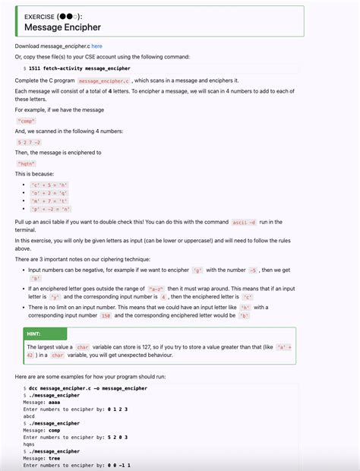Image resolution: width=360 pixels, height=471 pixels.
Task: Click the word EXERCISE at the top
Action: click(39, 16)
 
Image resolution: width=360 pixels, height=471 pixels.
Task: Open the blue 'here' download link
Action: click(97, 46)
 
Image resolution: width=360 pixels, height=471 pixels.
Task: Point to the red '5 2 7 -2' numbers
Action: click(29, 141)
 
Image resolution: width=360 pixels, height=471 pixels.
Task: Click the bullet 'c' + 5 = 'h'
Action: click(49, 185)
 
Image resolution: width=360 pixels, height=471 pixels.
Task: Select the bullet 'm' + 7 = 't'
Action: click(50, 200)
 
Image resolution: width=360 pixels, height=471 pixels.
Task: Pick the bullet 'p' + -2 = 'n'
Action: click(51, 208)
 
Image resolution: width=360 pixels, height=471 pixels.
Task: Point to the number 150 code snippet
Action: click(106, 315)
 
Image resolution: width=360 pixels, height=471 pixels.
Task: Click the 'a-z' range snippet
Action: click(179, 289)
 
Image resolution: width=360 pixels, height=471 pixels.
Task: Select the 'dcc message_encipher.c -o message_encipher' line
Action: click(88, 388)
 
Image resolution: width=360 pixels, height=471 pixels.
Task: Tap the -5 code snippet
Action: click(253, 270)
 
